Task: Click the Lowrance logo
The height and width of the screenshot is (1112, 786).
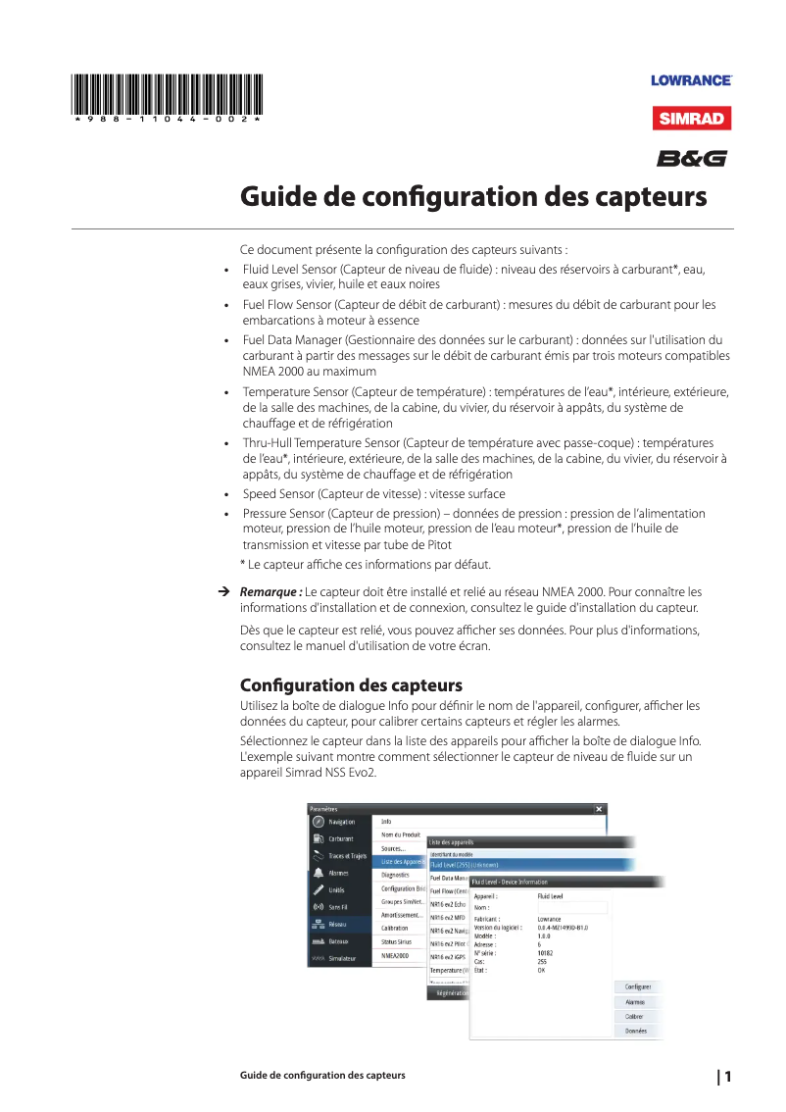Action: (691, 80)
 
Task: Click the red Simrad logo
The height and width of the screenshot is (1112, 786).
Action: (692, 120)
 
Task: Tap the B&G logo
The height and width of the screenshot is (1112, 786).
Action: (692, 158)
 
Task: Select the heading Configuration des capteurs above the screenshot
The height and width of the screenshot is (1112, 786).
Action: (351, 683)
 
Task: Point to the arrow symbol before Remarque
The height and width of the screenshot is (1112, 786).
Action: (223, 592)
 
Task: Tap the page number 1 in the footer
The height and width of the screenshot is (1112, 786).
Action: (728, 1076)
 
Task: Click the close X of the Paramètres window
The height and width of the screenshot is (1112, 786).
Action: (599, 809)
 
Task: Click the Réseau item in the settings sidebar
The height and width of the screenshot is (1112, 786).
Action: (338, 924)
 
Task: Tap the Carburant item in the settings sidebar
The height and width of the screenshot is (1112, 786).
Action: (341, 838)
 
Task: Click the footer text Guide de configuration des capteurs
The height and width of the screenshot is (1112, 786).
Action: (322, 1076)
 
